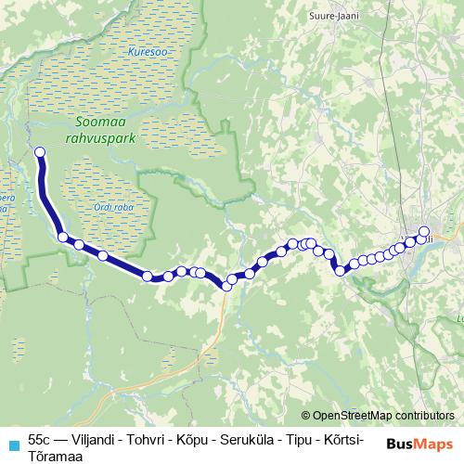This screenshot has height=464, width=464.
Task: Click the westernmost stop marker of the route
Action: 39,151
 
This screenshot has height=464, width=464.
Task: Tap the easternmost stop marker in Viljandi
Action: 425,232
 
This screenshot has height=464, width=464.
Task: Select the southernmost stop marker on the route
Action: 226,286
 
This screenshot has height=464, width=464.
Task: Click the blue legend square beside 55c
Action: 13,442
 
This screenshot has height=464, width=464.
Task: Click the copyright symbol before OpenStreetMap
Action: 306,416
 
